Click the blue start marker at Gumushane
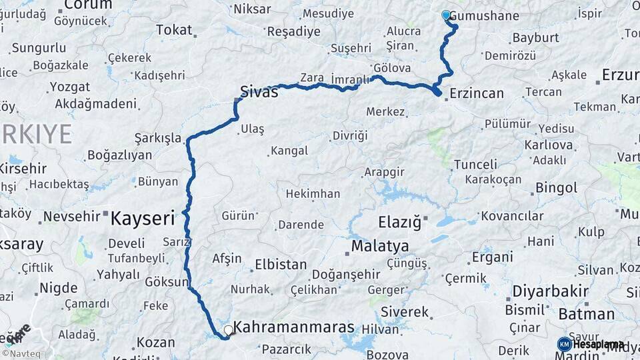(x=446, y=15)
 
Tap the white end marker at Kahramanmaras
(x=229, y=329)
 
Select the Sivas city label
(x=259, y=92)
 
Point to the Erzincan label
(x=477, y=93)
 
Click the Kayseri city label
(x=142, y=218)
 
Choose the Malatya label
(x=380, y=246)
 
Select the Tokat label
(x=174, y=30)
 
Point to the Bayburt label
(x=534, y=38)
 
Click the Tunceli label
(x=475, y=165)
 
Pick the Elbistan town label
(x=281, y=265)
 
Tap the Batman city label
(x=586, y=314)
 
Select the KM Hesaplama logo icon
(x=564, y=344)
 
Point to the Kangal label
(x=289, y=151)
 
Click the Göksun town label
(x=167, y=282)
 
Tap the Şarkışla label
(x=158, y=138)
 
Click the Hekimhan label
(x=313, y=194)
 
